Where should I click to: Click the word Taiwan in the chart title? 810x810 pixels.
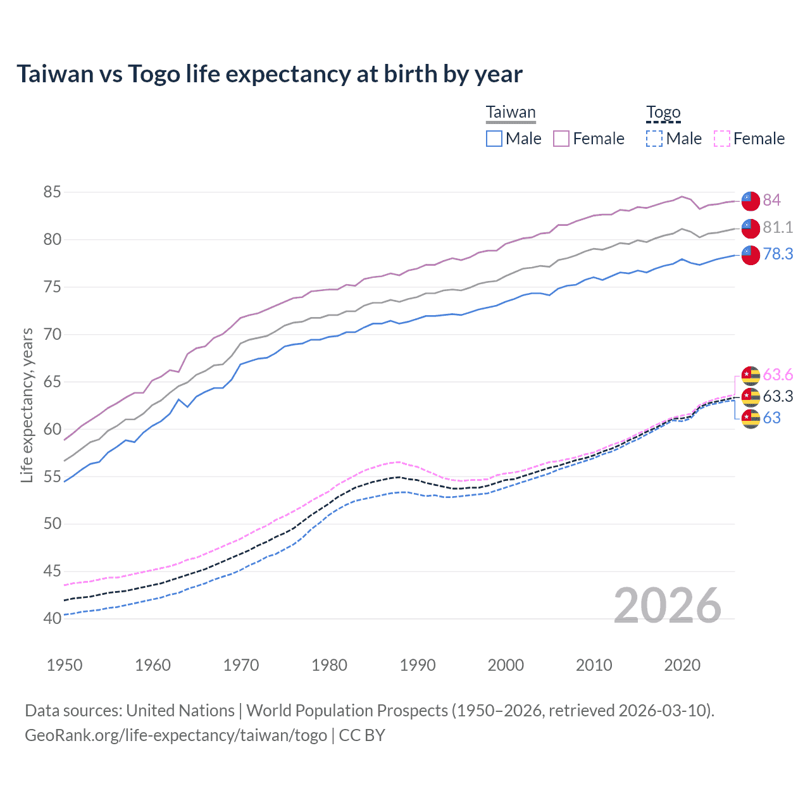pyautogui.click(x=55, y=74)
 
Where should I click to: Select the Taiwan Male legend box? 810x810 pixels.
pyautogui.click(x=494, y=139)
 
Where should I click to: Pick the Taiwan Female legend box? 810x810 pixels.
pyautogui.click(x=561, y=139)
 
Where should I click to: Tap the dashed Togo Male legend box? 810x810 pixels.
pyautogui.click(x=654, y=139)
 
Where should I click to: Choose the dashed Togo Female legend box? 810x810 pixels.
pyautogui.click(x=721, y=139)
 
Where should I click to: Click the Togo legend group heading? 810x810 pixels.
pyautogui.click(x=663, y=113)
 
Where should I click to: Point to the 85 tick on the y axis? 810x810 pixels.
pyautogui.click(x=53, y=192)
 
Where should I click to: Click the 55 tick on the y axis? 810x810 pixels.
pyautogui.click(x=53, y=477)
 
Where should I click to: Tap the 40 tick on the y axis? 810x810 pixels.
pyautogui.click(x=53, y=618)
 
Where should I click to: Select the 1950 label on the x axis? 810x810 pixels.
pyautogui.click(x=65, y=665)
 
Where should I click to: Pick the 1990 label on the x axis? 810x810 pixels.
pyautogui.click(x=418, y=665)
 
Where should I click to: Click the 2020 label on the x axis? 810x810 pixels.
pyautogui.click(x=682, y=665)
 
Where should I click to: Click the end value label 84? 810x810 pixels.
pyautogui.click(x=771, y=200)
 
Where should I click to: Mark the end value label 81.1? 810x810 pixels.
pyautogui.click(x=778, y=227)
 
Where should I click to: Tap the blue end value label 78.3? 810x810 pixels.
pyautogui.click(x=778, y=254)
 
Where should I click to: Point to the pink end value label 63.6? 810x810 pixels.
pyautogui.click(x=778, y=375)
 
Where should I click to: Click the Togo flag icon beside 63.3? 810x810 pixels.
pyautogui.click(x=751, y=397)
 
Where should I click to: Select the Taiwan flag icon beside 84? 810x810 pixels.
pyautogui.click(x=751, y=201)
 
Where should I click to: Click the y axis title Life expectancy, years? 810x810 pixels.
pyautogui.click(x=27, y=405)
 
